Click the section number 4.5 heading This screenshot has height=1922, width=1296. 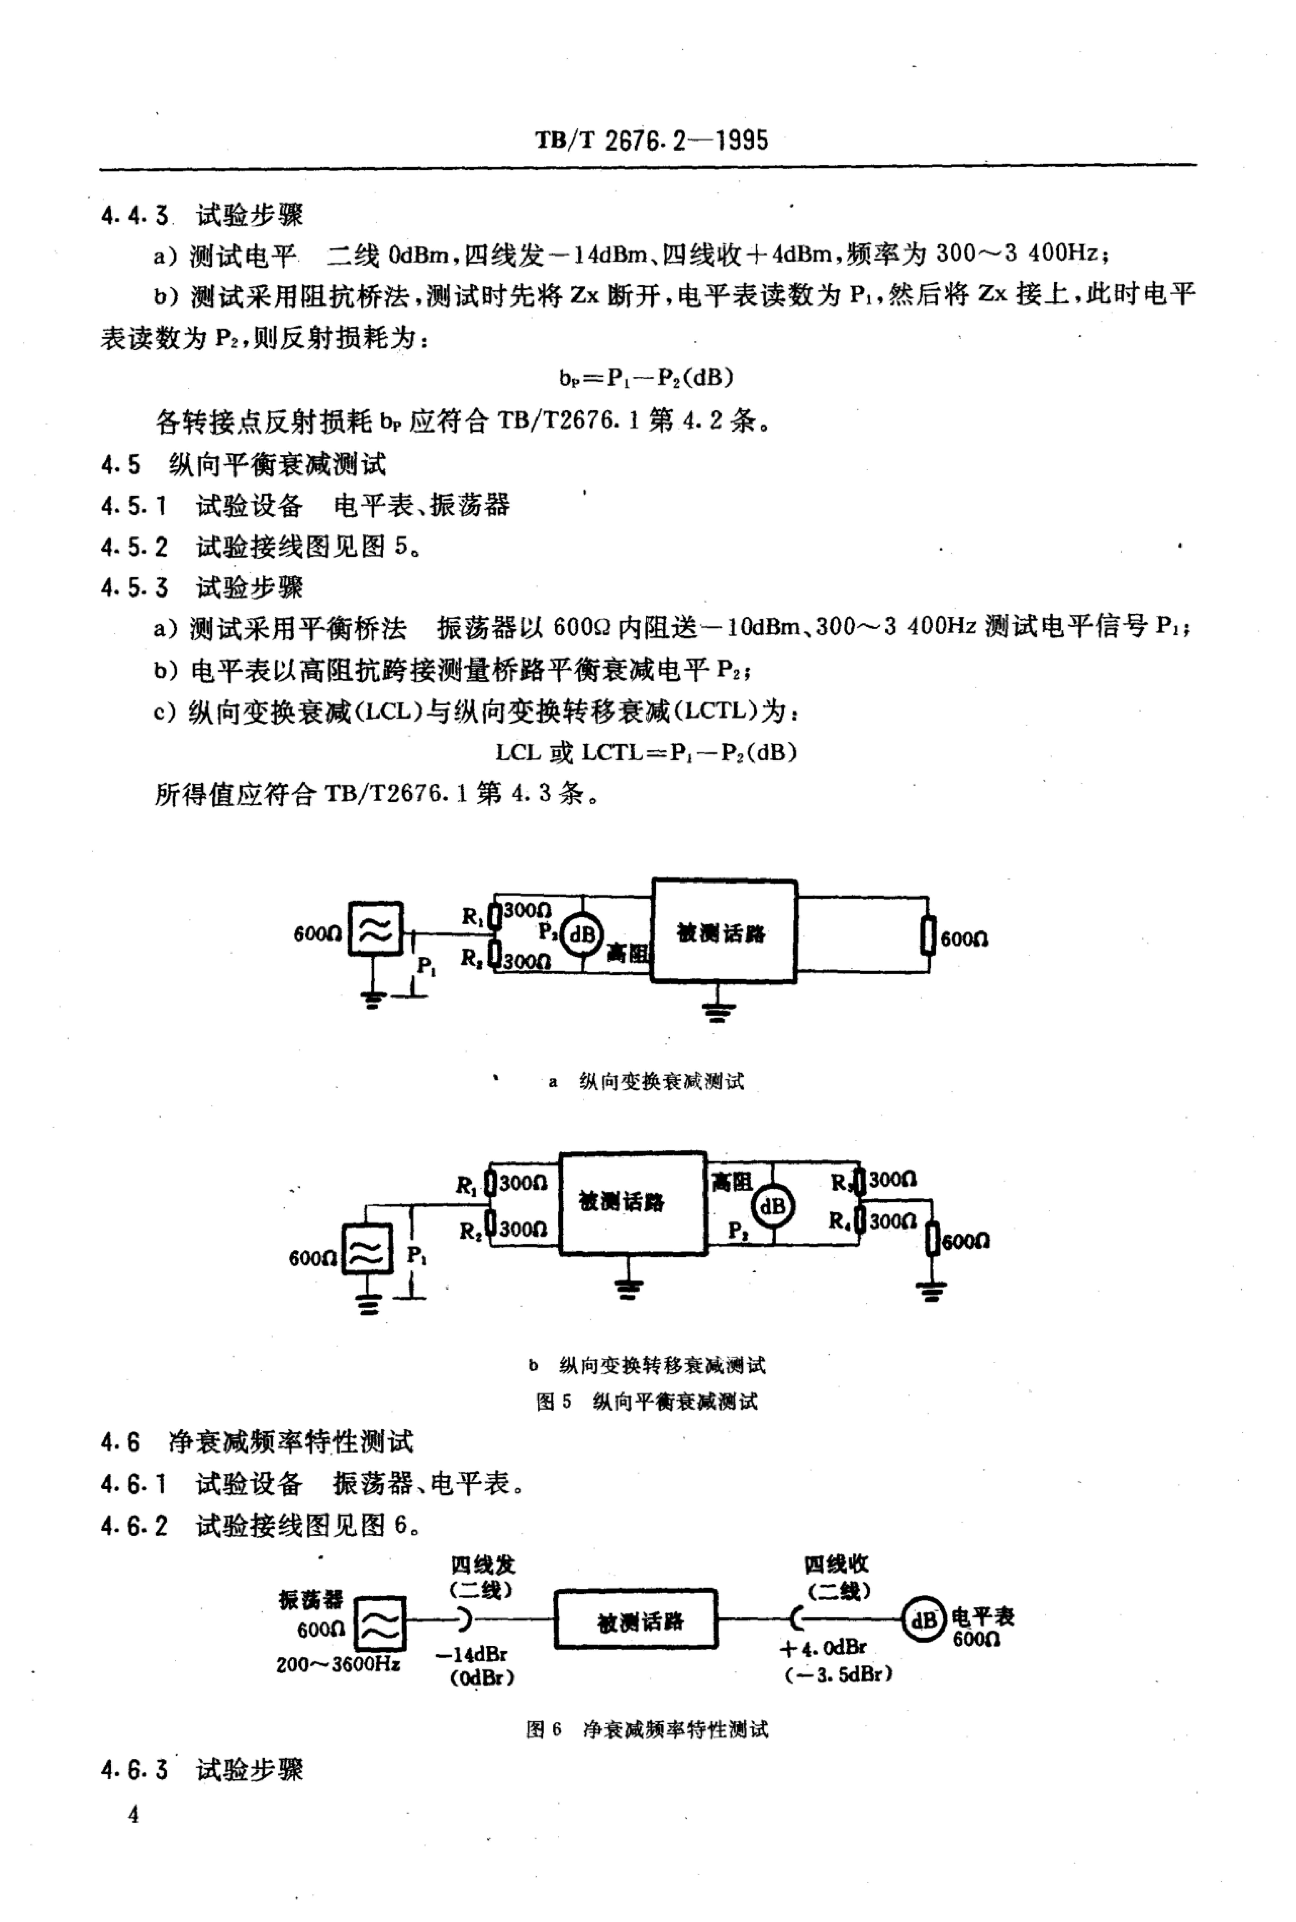[121, 465]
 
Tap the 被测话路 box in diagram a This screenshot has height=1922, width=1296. [724, 931]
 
